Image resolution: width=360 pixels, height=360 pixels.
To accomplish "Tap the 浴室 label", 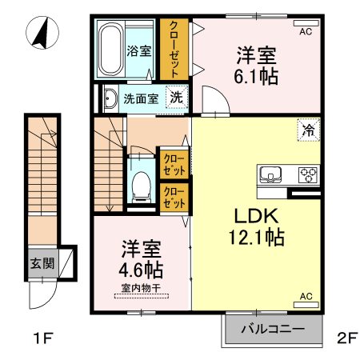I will tap(139, 51).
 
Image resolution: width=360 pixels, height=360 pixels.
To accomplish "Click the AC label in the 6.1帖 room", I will tap(305, 32).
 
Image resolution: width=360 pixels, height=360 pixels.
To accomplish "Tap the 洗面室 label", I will tap(139, 99).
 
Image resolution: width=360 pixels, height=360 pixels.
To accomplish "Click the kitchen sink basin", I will tap(270, 174).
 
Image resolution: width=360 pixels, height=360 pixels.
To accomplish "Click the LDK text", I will tap(254, 216).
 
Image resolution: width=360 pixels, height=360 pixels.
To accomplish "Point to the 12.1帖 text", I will tap(254, 238).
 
